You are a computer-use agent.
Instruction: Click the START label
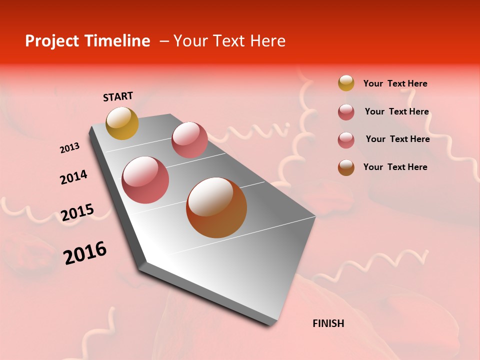click(118, 96)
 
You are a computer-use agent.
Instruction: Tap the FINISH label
click(328, 323)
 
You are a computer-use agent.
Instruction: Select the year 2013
click(69, 148)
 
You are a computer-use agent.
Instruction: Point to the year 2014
click(73, 177)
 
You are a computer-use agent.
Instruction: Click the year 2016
click(85, 252)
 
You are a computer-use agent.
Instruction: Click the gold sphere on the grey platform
click(122, 123)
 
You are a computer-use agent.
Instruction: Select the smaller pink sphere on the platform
click(189, 139)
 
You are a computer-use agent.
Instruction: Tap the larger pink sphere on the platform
click(145, 180)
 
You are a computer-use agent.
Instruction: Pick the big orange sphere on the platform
click(216, 207)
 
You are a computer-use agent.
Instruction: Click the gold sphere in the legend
click(346, 83)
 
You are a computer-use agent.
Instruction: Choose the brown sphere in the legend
click(346, 167)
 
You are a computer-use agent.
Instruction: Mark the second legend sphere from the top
click(346, 112)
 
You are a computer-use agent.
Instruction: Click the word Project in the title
click(51, 41)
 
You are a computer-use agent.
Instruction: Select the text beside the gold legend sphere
click(395, 83)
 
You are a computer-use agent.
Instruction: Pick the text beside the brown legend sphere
click(395, 167)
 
